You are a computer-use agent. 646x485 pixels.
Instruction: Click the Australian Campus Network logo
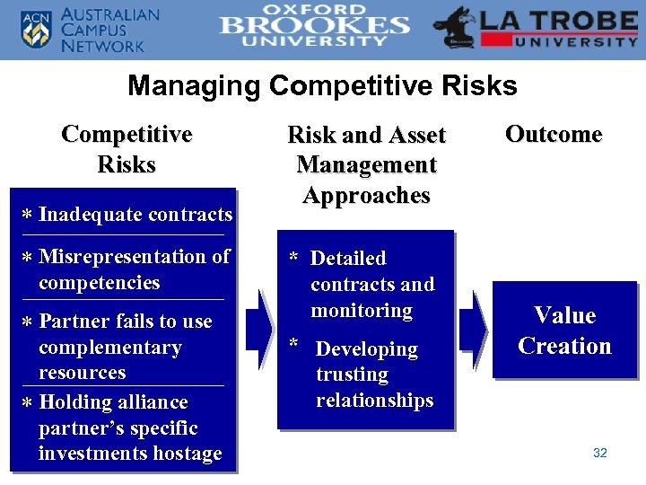pos(90,30)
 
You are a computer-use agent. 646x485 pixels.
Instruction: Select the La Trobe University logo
pos(536,30)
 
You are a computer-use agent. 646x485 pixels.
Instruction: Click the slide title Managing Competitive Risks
pos(322,86)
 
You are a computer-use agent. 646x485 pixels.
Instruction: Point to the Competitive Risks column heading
pos(127,149)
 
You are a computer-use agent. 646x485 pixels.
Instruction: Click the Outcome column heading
pos(553,134)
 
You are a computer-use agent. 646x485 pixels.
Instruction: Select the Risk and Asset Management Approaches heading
pos(366,165)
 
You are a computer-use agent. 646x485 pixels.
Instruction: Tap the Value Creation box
pos(564,331)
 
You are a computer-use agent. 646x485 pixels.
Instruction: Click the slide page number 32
pos(600,453)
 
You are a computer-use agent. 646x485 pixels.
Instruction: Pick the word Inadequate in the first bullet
pos(91,215)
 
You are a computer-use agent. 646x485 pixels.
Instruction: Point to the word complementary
pos(109,348)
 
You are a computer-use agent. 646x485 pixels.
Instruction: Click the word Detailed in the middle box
pos(347,259)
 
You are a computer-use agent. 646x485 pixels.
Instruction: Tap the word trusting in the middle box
pos(352,375)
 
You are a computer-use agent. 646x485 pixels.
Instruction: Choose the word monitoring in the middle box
pos(362,311)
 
